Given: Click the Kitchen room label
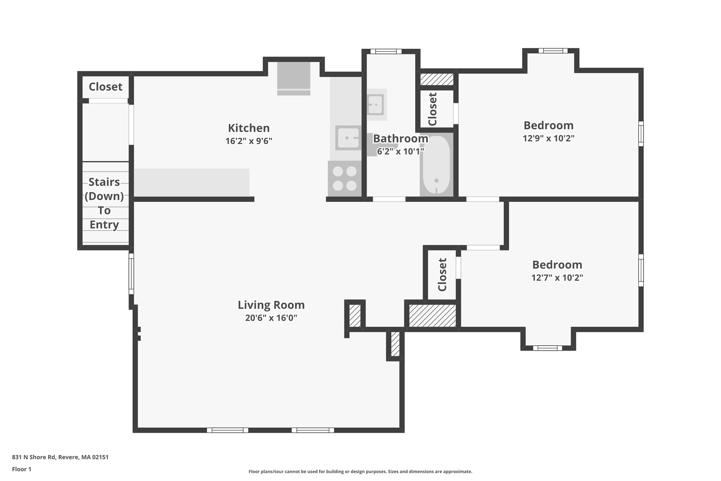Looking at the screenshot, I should click(x=249, y=128).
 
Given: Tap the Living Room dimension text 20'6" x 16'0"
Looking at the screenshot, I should click(x=271, y=318).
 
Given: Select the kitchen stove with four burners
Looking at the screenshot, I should click(x=345, y=178).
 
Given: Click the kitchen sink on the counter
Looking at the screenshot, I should click(x=348, y=138).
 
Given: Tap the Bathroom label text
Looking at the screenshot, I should click(x=400, y=138).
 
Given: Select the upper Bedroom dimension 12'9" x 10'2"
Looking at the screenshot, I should click(x=548, y=138).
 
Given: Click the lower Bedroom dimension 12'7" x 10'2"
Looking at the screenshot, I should click(x=557, y=278).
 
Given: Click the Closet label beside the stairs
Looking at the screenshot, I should click(x=105, y=87).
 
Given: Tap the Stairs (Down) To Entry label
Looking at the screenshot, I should click(x=104, y=203).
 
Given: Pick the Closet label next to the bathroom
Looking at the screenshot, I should click(x=433, y=109).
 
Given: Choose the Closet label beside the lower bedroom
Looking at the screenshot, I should click(x=442, y=275).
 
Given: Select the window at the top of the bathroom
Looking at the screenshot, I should click(x=386, y=51).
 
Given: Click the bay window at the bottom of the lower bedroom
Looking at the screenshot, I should click(x=547, y=348).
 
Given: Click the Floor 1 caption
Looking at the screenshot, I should click(x=21, y=469).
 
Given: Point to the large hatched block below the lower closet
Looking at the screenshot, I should click(x=432, y=316).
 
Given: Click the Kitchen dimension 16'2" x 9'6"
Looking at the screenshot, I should click(x=249, y=141).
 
